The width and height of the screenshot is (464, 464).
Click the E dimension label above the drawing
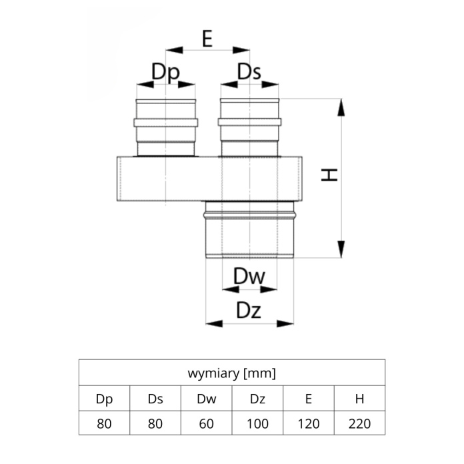click(x=207, y=39)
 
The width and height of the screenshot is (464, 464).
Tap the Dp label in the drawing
click(x=165, y=72)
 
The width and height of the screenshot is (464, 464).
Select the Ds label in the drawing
click(x=249, y=72)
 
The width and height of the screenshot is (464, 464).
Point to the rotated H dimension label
click(x=329, y=175)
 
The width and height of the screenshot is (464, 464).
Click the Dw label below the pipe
click(x=249, y=277)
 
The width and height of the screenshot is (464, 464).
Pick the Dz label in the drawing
click(x=249, y=311)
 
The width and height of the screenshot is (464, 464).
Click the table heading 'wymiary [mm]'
click(x=232, y=373)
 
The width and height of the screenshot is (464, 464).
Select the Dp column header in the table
click(x=104, y=399)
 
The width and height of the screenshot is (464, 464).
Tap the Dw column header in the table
click(x=207, y=399)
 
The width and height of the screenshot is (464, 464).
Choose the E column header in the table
click(x=309, y=399)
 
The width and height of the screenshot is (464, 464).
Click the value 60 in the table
click(x=206, y=424)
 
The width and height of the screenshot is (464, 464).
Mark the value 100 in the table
click(x=257, y=424)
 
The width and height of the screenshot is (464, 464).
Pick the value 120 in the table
click(x=309, y=424)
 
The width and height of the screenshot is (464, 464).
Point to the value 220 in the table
click(x=359, y=424)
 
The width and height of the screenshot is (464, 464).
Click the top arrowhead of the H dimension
click(x=341, y=107)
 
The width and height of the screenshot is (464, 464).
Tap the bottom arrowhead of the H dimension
click(x=341, y=249)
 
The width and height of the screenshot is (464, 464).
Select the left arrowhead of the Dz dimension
click(x=214, y=323)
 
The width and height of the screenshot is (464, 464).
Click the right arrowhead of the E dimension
click(x=241, y=50)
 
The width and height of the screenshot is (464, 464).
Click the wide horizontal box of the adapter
click(x=209, y=179)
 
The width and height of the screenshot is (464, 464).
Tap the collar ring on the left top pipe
click(x=166, y=123)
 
